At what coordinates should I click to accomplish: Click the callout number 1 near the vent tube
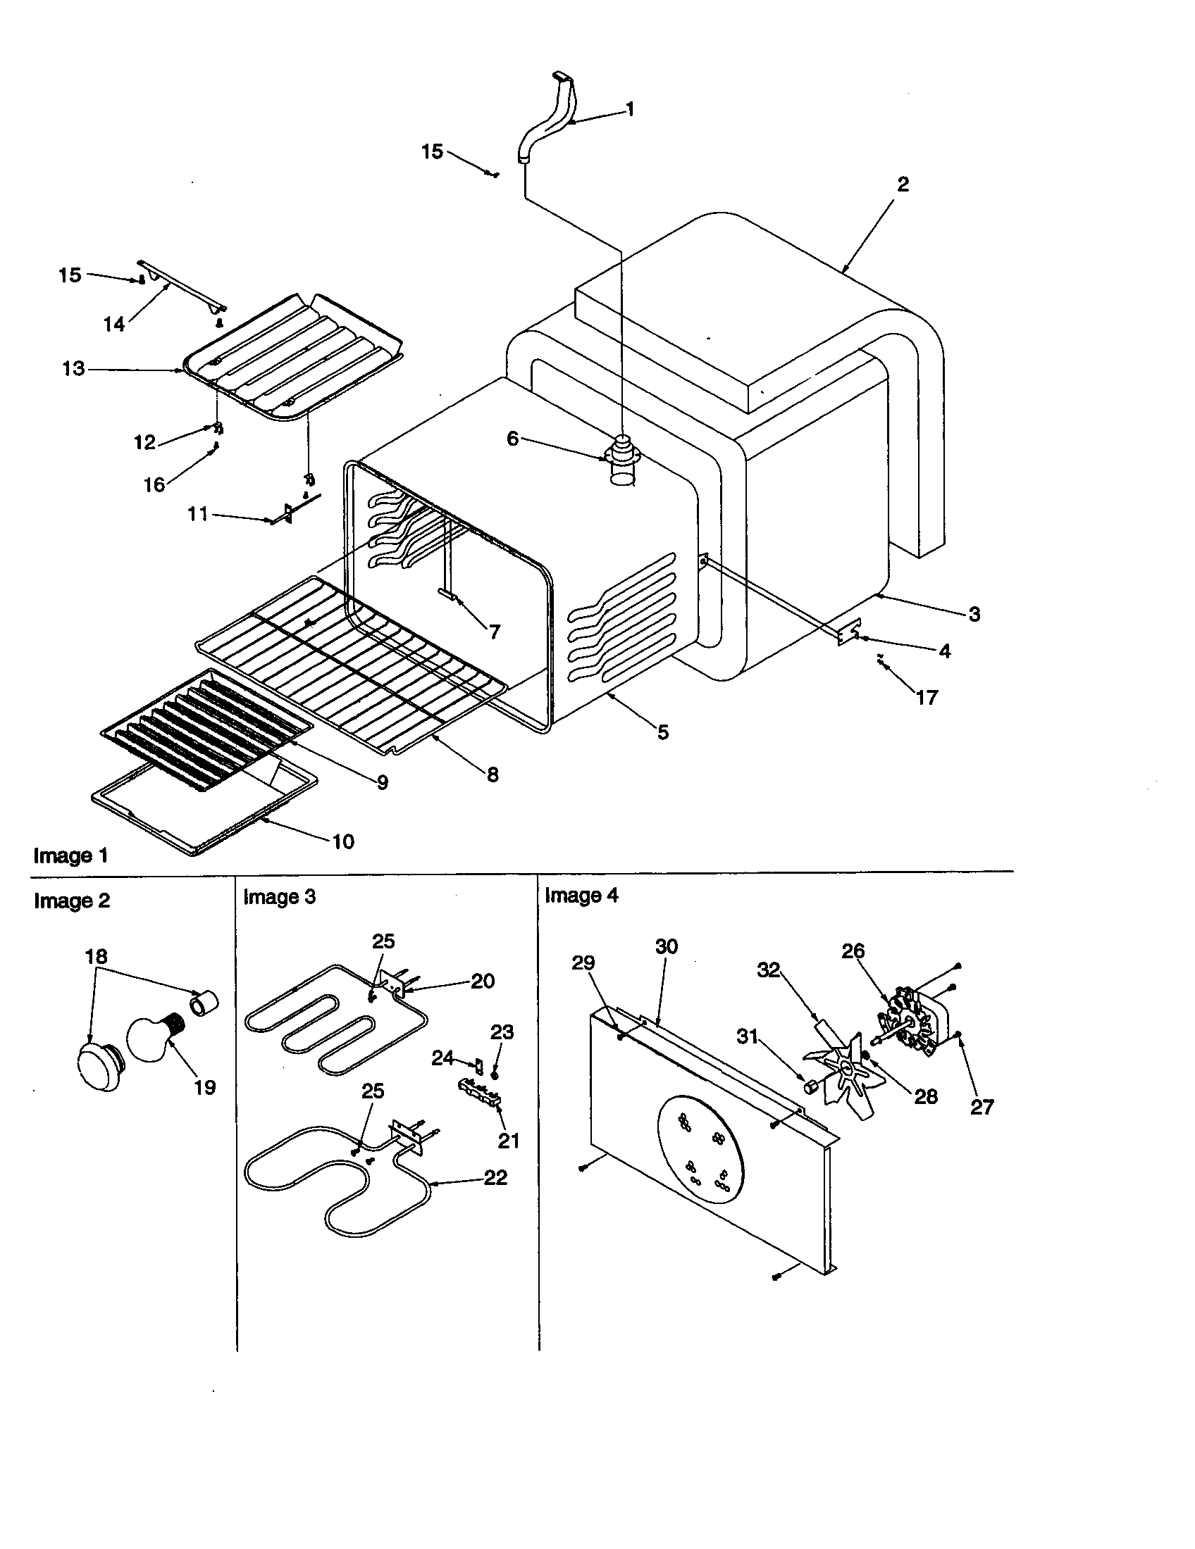coord(629,109)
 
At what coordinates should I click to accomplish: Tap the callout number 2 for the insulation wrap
coord(903,184)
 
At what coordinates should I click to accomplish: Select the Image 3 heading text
coord(279,897)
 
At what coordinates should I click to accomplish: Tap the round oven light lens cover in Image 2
coord(99,1070)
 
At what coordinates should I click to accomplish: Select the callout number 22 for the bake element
coord(495,1177)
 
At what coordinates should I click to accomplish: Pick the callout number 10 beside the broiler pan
coord(342,842)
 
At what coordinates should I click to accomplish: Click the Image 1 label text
coord(71,856)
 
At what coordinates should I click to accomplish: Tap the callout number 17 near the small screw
coord(927,697)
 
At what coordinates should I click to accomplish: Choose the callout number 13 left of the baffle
coord(73,369)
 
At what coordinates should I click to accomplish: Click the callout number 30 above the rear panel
coord(667,947)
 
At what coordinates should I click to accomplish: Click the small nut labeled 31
coord(808,1086)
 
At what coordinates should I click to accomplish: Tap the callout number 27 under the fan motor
coord(982,1106)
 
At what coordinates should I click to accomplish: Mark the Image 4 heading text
coord(581,896)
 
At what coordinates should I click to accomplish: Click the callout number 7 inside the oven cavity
coord(495,632)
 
